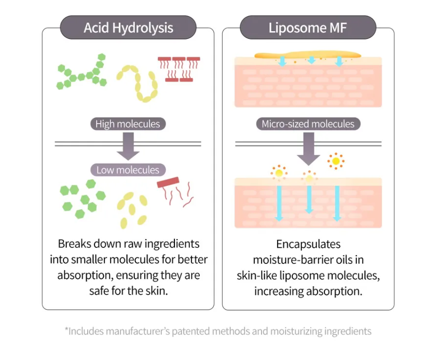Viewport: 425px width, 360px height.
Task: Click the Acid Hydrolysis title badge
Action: (128, 28)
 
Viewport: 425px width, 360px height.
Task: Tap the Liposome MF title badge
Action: (308, 28)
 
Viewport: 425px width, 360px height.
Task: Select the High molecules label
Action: (128, 124)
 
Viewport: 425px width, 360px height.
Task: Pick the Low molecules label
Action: (128, 170)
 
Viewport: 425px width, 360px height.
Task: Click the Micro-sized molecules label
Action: (308, 124)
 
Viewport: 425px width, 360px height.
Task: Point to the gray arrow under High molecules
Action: (128, 146)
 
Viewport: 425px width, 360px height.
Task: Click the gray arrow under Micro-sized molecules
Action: (308, 149)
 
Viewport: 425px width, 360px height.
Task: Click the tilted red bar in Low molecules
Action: (168, 182)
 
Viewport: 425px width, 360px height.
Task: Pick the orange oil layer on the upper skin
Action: (308, 55)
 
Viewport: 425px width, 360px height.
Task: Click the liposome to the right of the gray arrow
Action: (336, 161)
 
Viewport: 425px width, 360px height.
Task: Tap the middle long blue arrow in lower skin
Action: (309, 199)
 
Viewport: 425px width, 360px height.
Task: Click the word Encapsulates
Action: (308, 244)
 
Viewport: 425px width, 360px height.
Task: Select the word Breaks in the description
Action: (74, 244)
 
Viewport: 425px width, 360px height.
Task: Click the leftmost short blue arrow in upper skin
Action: (282, 61)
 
